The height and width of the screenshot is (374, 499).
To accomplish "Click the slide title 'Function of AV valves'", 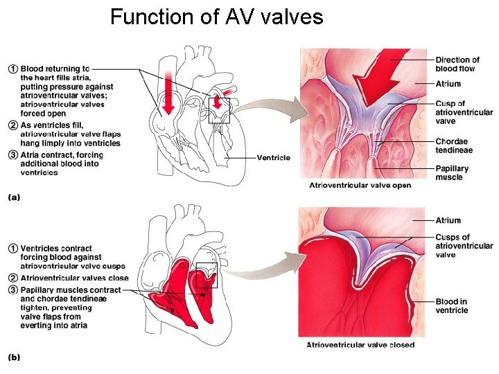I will click(216, 17).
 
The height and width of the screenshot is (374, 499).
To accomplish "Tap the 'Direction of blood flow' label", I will click(457, 64).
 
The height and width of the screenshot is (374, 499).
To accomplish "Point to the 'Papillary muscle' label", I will click(452, 172).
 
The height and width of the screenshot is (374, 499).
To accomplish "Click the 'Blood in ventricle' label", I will click(452, 305).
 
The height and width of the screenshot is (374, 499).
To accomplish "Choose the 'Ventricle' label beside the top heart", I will click(273, 158).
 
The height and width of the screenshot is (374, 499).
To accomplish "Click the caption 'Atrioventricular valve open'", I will click(360, 186).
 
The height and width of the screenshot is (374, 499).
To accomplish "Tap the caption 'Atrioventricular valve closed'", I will click(360, 345).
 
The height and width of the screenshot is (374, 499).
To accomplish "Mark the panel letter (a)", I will click(14, 197).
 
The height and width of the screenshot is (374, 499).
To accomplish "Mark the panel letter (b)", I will click(14, 357).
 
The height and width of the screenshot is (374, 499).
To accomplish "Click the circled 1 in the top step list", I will click(12, 69).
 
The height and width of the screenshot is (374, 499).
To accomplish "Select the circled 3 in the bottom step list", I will click(12, 290).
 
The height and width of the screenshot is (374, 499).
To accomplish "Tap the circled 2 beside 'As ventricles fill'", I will click(12, 125).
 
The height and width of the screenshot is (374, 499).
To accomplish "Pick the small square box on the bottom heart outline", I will click(207, 275).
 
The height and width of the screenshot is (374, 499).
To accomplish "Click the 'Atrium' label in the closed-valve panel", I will click(448, 220).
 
